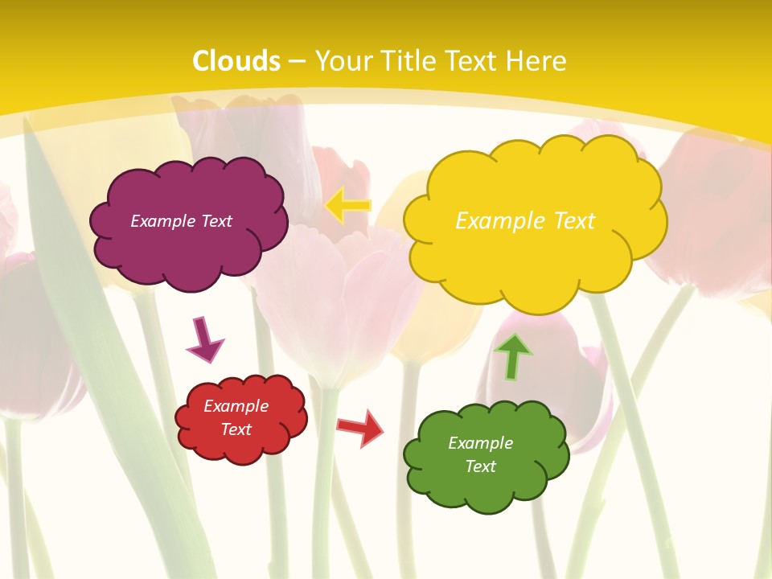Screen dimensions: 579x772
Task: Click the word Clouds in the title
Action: (x=236, y=61)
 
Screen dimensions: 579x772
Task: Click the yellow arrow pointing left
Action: (x=348, y=205)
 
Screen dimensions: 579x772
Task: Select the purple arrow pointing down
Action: (x=204, y=339)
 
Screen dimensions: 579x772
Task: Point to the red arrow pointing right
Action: (x=360, y=428)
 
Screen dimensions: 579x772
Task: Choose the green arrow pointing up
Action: (x=512, y=356)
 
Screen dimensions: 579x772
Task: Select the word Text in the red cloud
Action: (x=236, y=429)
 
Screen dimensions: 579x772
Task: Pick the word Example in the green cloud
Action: (x=480, y=443)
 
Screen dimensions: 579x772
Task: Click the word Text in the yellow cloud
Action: (x=573, y=220)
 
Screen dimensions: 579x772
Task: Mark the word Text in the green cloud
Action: (x=480, y=466)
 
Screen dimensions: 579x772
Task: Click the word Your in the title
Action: (x=337, y=61)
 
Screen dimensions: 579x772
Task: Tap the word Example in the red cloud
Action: (x=236, y=406)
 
